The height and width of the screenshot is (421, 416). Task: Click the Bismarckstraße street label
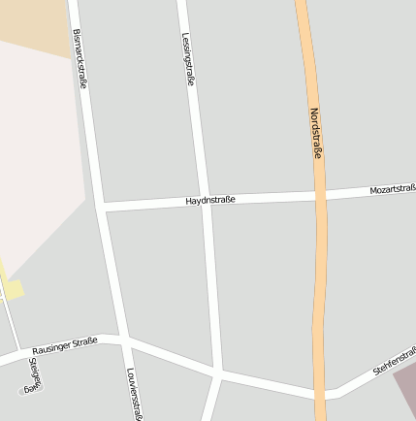coord(80,58)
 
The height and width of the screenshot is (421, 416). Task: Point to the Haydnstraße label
coord(210,200)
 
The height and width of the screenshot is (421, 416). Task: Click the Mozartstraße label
coord(393,190)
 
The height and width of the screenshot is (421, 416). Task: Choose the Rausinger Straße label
coord(64,346)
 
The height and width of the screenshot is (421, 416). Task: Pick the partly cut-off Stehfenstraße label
coord(395,361)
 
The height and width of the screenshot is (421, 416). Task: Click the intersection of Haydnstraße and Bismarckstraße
coord(102,207)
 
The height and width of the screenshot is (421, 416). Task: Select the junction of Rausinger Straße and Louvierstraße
coord(125,340)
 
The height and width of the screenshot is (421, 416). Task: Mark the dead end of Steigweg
coord(25,392)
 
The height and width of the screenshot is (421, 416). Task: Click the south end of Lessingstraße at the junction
coord(219,372)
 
